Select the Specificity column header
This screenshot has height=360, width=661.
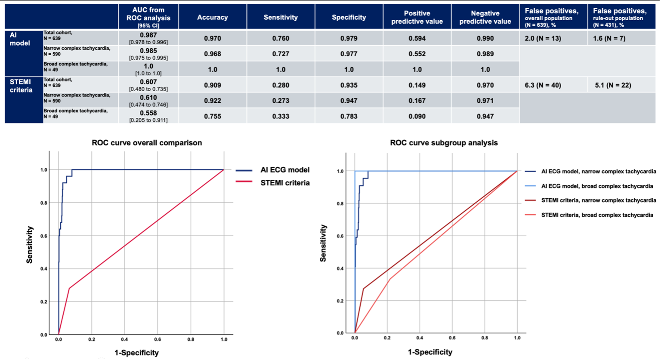point(349,18)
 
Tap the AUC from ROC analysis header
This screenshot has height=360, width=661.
point(148,18)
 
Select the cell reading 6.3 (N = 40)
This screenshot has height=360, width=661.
point(540,85)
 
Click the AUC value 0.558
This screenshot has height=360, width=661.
point(148,113)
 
